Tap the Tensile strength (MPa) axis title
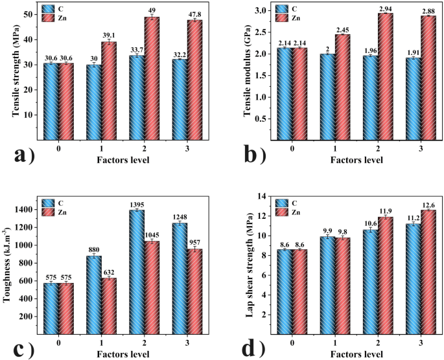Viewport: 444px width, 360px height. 14,73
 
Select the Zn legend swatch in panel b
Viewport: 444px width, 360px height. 284,18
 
